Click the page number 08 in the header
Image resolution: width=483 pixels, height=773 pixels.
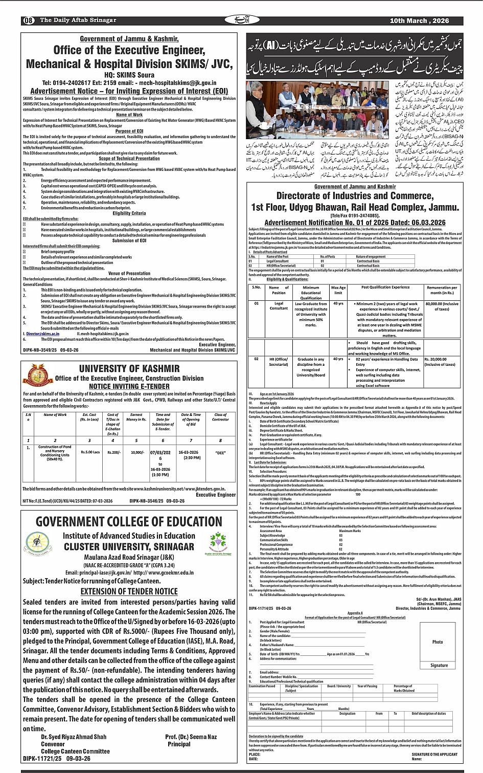click(29, 20)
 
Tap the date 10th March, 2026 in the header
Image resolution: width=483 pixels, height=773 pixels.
click(419, 20)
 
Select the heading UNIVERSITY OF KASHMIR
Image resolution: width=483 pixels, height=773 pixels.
click(129, 368)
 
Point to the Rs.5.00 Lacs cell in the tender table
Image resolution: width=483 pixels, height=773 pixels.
click(89, 452)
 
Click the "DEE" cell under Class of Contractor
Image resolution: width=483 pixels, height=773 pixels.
click(220, 453)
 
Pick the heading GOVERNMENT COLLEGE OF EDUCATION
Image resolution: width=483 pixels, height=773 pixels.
click(129, 522)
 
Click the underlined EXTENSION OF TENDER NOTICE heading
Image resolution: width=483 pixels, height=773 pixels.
click(129, 591)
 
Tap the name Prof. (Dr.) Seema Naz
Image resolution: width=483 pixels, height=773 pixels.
click(191, 737)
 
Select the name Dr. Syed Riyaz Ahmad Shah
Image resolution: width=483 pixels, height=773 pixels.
click(74, 737)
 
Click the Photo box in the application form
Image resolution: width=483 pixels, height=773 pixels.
click(438, 642)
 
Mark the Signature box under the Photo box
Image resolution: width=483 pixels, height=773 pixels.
click(439, 666)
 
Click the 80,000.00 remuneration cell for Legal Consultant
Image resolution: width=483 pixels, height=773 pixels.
click(442, 306)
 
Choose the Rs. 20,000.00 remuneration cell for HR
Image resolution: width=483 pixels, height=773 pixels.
click(439, 362)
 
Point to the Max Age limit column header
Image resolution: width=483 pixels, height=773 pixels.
click(338, 290)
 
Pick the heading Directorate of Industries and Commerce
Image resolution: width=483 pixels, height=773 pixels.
click(355, 196)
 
